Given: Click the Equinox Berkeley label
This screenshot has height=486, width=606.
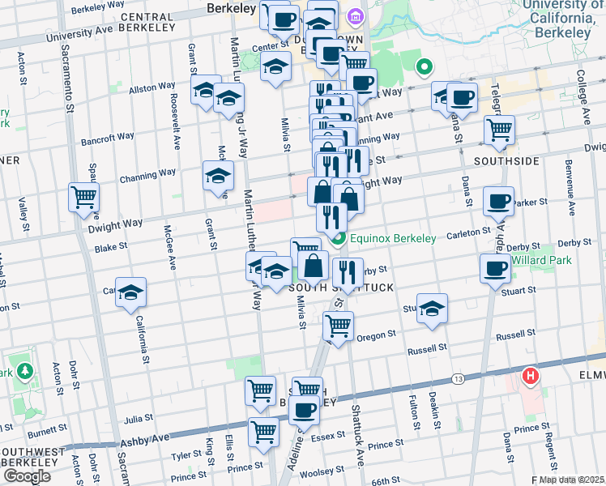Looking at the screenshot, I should coord(393,238).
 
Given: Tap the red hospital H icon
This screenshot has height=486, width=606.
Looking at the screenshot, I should coord(531,376).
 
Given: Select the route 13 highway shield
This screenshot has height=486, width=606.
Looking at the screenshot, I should coord(459,379).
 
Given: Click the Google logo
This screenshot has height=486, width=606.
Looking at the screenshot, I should coord(27,476).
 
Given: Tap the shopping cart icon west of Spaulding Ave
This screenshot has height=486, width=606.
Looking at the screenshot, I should coord(84,197).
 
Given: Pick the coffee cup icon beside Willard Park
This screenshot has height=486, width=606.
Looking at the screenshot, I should coord(494,269).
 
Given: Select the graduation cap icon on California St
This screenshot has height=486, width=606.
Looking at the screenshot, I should coord(130,293).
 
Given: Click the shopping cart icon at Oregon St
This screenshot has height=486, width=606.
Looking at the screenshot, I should coord(338,326).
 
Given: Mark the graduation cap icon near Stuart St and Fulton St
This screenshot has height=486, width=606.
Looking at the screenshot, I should coord(433,309).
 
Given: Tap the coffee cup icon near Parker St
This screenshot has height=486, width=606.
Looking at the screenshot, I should coord(498,200).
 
